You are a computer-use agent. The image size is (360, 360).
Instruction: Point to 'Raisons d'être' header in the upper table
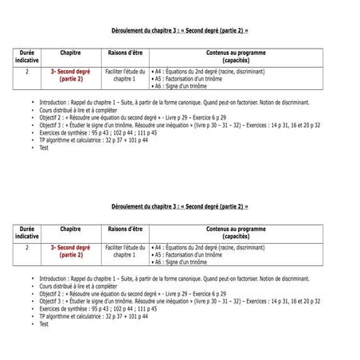pyautogui.click(x=125, y=53)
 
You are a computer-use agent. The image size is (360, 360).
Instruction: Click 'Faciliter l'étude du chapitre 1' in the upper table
pyautogui.click(x=125, y=75)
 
